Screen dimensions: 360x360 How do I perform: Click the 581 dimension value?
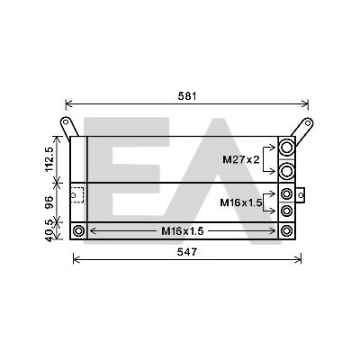pyautogui.click(x=187, y=96)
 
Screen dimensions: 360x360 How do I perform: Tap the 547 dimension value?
pyautogui.click(x=187, y=252)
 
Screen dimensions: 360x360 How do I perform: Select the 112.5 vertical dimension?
pyautogui.click(x=49, y=159)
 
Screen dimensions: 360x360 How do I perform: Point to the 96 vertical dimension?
pyautogui.click(x=49, y=202)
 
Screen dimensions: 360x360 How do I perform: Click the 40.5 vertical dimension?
pyautogui.click(x=49, y=230)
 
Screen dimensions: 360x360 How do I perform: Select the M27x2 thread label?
pyautogui.click(x=241, y=159)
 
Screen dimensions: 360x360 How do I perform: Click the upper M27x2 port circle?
pyautogui.click(x=287, y=148)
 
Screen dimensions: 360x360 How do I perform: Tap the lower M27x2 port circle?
pyautogui.click(x=287, y=171)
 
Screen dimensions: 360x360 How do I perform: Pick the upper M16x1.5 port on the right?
pyautogui.click(x=287, y=193)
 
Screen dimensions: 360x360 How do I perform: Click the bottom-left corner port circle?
pyautogui.click(x=78, y=231)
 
